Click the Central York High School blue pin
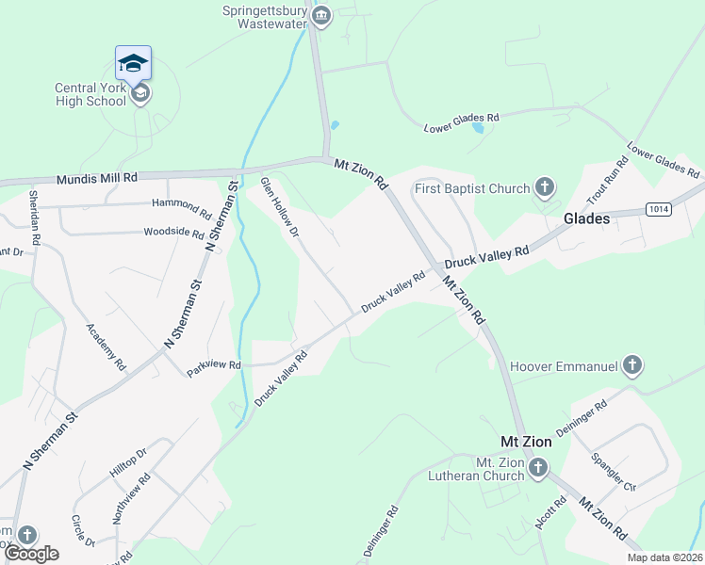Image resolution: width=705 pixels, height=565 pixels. [x=133, y=63]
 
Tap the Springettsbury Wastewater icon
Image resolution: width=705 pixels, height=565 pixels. [x=320, y=16]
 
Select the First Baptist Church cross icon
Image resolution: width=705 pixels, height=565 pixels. [x=544, y=188]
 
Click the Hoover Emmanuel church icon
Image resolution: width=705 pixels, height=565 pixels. [x=631, y=365]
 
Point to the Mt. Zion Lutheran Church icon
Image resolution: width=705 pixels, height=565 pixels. [x=537, y=467]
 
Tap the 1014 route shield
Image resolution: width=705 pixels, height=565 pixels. [x=660, y=208]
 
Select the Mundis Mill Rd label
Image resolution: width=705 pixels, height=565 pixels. [x=97, y=177]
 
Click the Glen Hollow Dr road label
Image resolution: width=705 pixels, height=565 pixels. [x=279, y=205]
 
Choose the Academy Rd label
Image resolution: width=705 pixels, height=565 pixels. [x=106, y=346]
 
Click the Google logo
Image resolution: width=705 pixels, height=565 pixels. [x=31, y=554]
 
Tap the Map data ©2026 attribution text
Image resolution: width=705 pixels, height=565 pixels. [x=664, y=557]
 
